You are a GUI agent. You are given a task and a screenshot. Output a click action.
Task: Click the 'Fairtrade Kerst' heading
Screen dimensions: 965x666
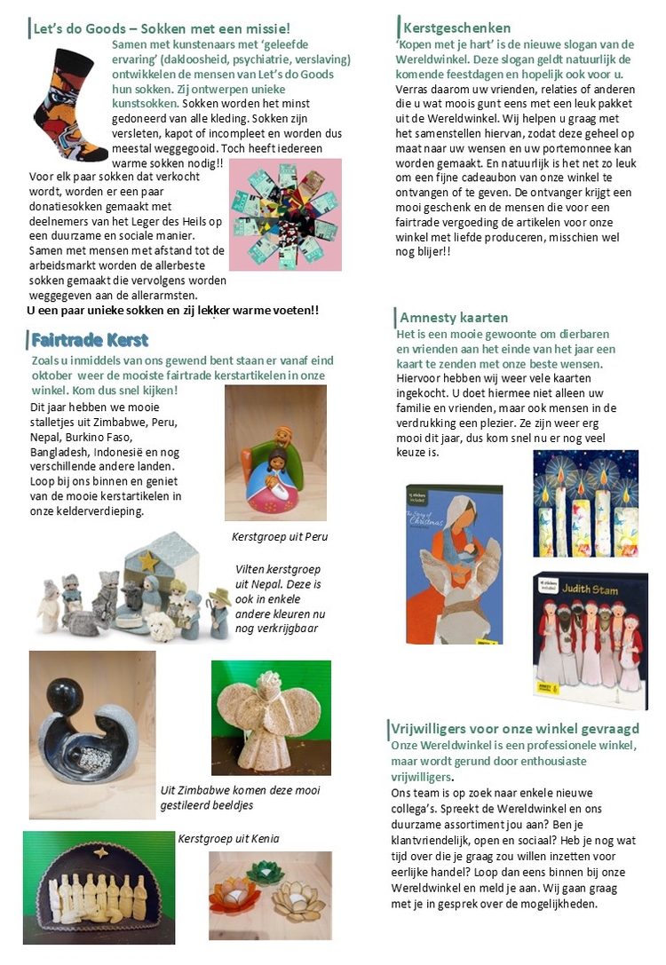[90, 340]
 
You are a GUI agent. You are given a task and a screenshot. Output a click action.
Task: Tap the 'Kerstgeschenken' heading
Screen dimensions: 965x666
[456, 28]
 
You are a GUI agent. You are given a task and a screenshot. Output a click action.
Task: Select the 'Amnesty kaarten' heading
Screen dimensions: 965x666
[454, 317]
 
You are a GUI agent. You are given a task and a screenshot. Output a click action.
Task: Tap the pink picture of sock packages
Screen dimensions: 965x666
[285, 215]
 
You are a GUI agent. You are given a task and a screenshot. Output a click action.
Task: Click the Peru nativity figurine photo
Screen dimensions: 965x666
[275, 453]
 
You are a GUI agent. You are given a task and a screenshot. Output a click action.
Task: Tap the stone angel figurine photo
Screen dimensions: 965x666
[271, 717]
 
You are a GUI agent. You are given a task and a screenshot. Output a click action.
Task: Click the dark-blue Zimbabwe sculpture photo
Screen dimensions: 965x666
[91, 723]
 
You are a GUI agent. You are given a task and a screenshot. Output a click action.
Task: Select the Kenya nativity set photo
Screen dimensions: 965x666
[99, 888]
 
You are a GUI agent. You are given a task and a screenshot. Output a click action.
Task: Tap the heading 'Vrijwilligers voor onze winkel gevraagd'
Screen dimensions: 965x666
[515, 729]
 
